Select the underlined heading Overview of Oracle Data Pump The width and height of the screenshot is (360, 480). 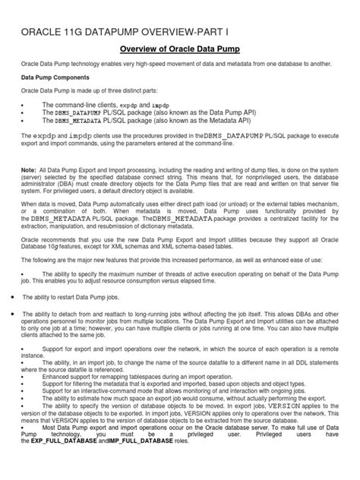pyautogui.click(x=179, y=49)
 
